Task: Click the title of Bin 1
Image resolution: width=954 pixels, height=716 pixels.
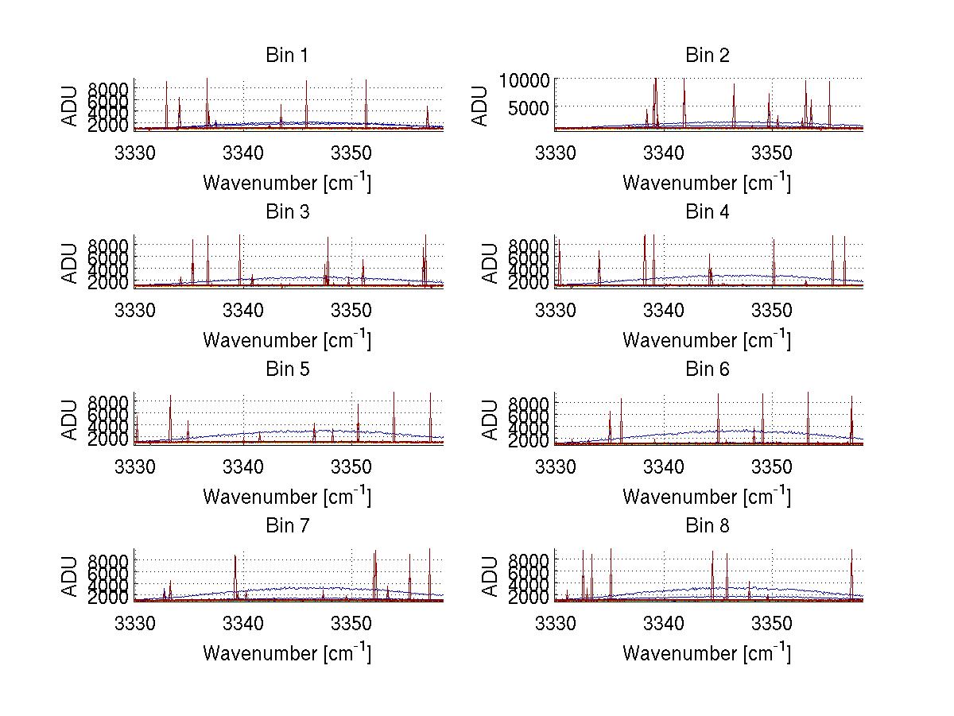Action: (x=286, y=56)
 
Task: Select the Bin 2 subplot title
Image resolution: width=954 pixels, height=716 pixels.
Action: (x=707, y=56)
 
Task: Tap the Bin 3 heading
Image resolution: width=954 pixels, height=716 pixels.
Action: (x=286, y=212)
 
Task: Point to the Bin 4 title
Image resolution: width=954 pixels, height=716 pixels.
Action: (x=707, y=212)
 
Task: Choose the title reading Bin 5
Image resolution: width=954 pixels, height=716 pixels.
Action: (x=286, y=370)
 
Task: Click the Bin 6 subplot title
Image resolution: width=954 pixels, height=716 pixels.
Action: (x=707, y=370)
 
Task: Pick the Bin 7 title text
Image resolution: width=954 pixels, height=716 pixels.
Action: (x=286, y=526)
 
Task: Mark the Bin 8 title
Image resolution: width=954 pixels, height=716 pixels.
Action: (x=707, y=526)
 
